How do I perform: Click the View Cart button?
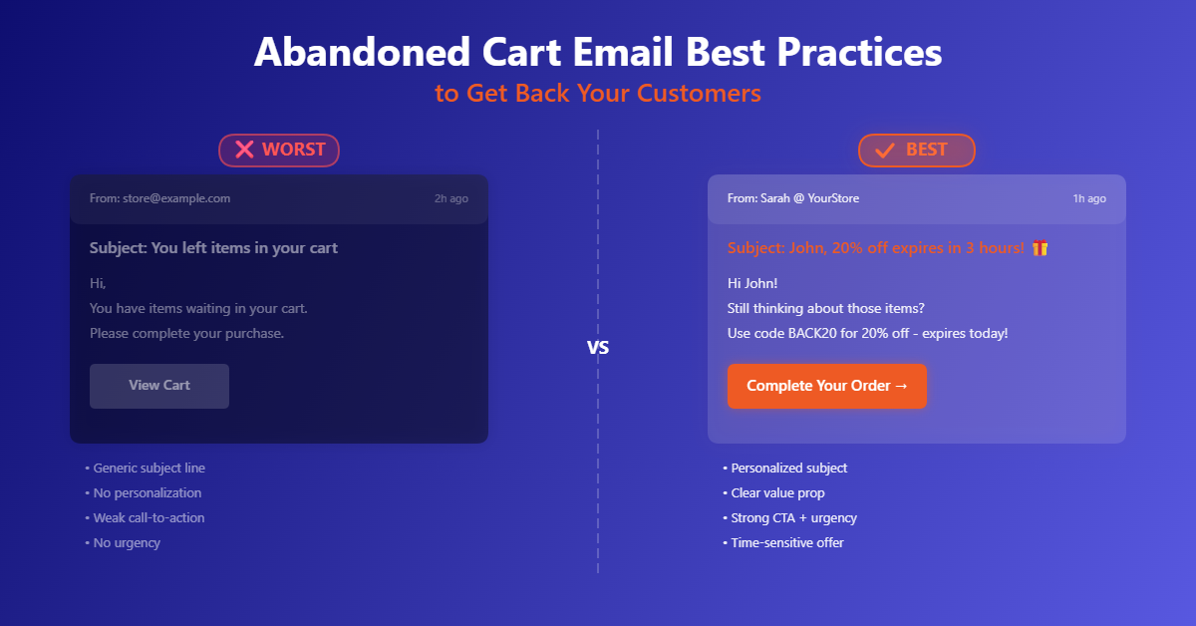[159, 386]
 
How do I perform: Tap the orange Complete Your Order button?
[826, 386]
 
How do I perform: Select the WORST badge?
[279, 150]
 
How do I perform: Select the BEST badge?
[916, 150]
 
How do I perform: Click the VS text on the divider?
[598, 349]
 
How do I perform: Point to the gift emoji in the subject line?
[1040, 248]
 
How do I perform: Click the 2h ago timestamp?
[450, 198]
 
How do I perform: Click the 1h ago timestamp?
[1088, 198]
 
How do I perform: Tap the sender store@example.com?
[175, 198]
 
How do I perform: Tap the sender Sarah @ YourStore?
[808, 198]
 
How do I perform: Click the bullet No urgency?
[126, 543]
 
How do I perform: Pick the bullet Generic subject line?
[149, 469]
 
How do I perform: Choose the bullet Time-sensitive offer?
[786, 543]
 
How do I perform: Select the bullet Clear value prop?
[777, 493]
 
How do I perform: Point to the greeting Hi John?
[752, 283]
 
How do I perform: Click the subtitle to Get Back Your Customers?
[598, 94]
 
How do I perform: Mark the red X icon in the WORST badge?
[244, 150]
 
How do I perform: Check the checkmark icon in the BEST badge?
[884, 151]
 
